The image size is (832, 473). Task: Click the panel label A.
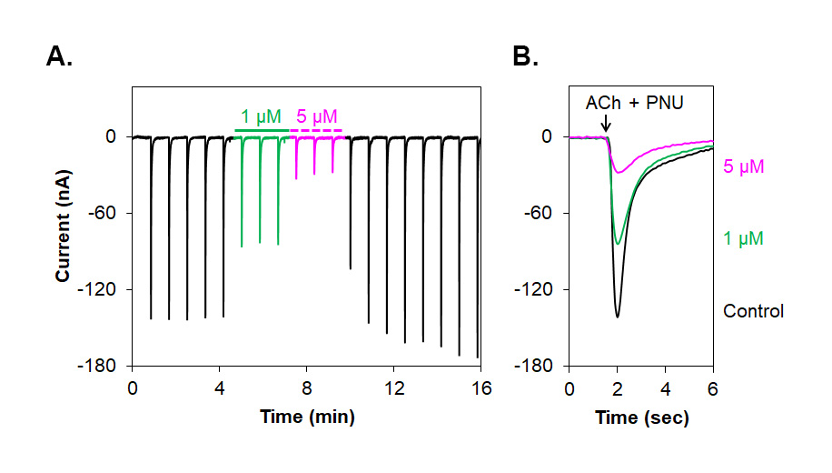pos(59,57)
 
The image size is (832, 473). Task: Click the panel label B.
pos(525,57)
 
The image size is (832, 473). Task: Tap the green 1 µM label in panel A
pos(261,116)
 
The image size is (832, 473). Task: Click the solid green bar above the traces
pos(262,130)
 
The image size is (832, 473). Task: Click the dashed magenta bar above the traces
pos(316,130)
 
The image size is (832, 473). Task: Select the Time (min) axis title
pos(306,418)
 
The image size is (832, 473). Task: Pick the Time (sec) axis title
pos(641,418)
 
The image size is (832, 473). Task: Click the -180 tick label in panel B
pos(536,367)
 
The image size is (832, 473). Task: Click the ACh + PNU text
pos(634,103)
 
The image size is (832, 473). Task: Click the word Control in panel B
pos(753,311)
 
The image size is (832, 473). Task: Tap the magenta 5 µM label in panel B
pos(743,166)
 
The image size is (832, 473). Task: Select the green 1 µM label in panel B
pos(743,239)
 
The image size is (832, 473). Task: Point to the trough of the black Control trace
pos(618,317)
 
